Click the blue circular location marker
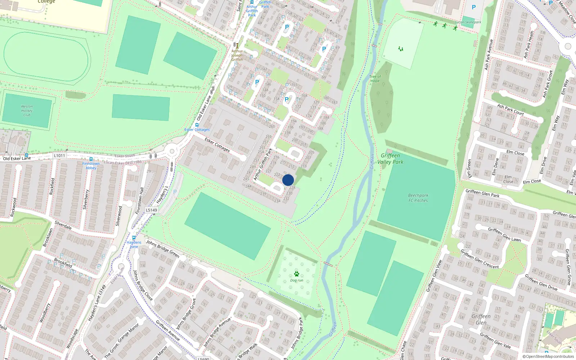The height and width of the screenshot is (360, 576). coord(288,180)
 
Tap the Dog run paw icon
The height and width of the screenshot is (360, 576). coord(297,274)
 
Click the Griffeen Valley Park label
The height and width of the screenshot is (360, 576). coord(390,159)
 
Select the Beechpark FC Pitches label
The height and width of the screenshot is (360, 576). coord(418,198)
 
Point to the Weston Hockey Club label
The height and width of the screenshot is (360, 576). coord(27,111)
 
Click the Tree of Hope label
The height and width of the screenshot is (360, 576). coord(375,78)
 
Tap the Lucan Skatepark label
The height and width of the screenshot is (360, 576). coord(468,22)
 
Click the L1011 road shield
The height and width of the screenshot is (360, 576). coord(59,156)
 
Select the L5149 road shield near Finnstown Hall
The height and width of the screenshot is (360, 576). coord(152,210)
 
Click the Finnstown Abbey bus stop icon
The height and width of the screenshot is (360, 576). coord(91,159)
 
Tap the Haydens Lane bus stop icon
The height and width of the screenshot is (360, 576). coord(134,238)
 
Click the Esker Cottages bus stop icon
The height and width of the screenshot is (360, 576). coord(197,125)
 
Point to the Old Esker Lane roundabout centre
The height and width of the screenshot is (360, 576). coord(172,151)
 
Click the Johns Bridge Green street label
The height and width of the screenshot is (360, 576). coord(163,248)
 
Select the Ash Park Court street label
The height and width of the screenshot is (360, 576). coord(510,109)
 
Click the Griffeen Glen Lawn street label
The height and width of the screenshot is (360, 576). coord(504,234)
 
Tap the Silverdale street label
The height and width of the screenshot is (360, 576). coord(63,225)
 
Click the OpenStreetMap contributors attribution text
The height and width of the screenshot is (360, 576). coord(548,356)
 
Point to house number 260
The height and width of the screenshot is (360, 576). coord(272,126)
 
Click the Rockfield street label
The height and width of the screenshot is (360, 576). coord(53,186)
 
